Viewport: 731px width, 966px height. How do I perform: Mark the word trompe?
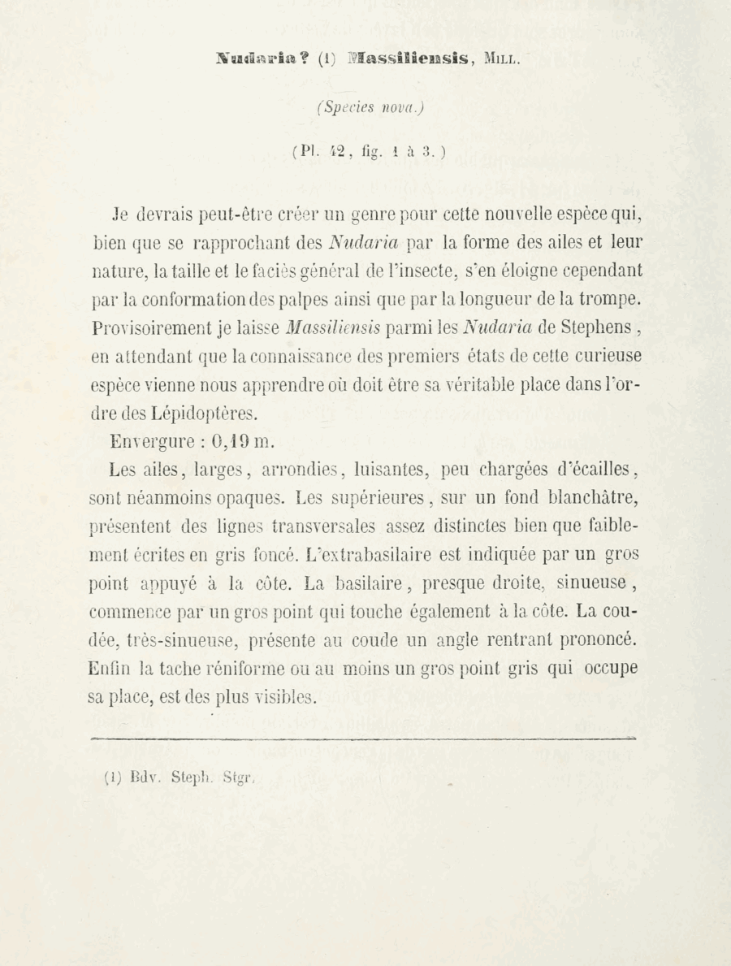[x=612, y=300]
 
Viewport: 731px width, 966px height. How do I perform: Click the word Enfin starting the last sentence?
[x=110, y=669]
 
